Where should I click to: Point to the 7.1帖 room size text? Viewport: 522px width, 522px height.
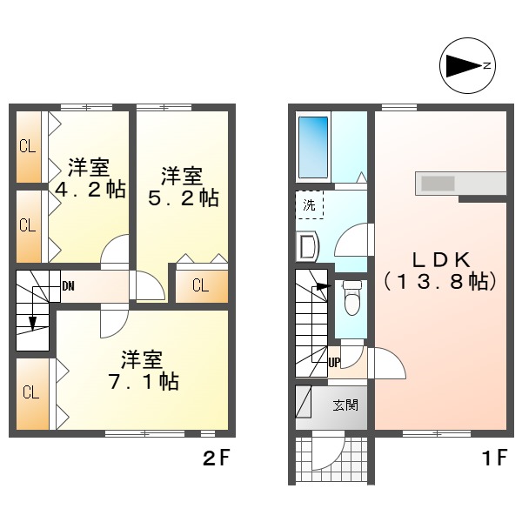(143, 381)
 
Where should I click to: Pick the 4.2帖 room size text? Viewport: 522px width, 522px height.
(90, 190)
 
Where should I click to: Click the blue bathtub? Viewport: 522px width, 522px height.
(311, 144)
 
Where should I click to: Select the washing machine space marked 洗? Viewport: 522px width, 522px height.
(309, 205)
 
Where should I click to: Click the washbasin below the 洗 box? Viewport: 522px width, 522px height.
(306, 248)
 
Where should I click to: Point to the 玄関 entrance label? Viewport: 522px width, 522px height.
(344, 405)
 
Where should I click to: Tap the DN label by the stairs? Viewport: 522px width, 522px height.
(68, 285)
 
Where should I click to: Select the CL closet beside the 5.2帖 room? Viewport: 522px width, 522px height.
(201, 285)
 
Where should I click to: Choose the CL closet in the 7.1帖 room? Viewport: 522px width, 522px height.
(30, 392)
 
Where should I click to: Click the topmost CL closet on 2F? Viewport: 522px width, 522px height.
(28, 146)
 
